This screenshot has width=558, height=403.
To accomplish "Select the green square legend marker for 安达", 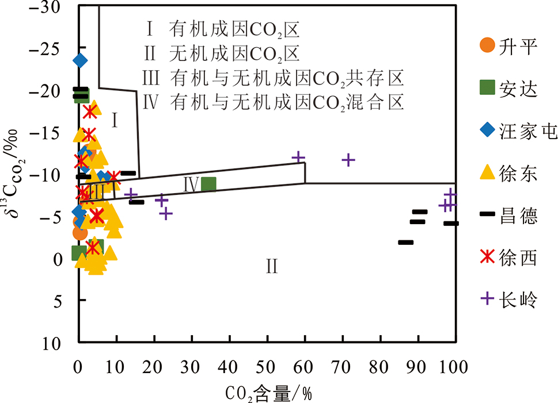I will [488, 88].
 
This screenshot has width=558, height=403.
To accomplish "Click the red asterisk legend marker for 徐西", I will [488, 256].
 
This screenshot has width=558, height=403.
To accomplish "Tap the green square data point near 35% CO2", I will [208, 184].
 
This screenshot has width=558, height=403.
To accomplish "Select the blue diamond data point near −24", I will [79, 60].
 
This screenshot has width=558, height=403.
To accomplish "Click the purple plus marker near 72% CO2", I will [348, 160].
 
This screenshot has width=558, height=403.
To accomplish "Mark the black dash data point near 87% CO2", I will [405, 242].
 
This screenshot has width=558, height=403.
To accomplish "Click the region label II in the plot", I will [272, 266].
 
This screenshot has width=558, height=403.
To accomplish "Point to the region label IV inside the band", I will [191, 185].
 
